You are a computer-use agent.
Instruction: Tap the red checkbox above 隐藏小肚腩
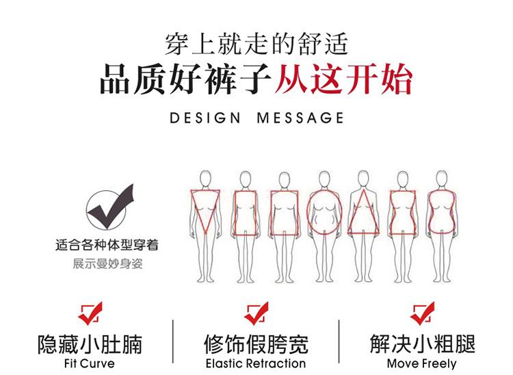click(x=89, y=313)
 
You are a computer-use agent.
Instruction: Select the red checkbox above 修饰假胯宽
click(x=256, y=313)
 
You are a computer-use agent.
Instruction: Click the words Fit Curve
click(x=88, y=363)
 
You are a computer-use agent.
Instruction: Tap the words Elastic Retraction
click(x=256, y=363)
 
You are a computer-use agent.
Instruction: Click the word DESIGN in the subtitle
click(x=205, y=118)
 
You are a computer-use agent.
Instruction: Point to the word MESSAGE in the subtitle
click(x=300, y=118)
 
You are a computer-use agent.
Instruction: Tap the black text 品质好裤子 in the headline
click(x=186, y=81)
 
